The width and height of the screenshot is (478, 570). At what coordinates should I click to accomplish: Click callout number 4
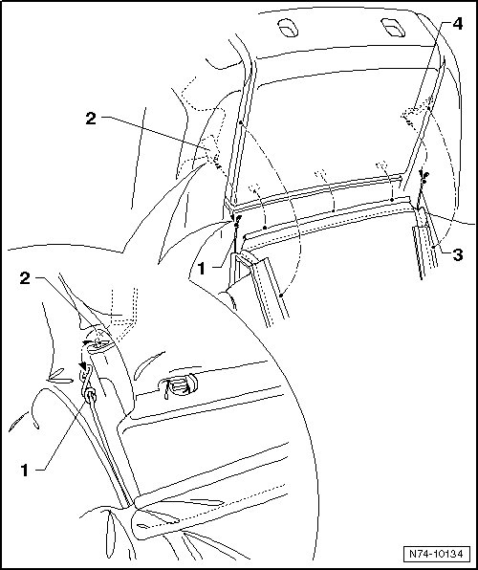(457, 24)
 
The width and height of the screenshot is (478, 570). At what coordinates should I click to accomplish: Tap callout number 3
(458, 254)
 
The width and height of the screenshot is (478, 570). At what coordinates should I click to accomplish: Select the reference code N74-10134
(436, 554)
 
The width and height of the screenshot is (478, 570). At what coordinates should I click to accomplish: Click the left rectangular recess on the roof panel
(288, 28)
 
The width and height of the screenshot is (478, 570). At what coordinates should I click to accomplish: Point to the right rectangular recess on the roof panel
(393, 27)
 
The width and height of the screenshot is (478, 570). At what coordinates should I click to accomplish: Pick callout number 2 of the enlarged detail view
(25, 279)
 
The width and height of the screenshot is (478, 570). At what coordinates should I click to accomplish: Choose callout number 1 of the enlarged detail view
(25, 470)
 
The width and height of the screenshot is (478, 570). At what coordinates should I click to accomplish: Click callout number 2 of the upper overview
(91, 119)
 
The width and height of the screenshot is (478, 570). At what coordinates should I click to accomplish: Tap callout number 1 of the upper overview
(202, 269)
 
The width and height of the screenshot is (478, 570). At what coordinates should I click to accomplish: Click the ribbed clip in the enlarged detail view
(180, 385)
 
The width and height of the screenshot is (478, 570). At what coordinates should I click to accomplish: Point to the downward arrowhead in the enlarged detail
(84, 366)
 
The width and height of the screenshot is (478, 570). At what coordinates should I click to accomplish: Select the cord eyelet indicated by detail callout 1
(90, 395)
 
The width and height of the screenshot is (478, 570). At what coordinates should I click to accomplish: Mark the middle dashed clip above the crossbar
(321, 175)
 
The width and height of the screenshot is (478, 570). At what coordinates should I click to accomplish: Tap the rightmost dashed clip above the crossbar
(382, 165)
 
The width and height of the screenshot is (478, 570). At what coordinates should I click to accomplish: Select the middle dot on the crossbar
(334, 210)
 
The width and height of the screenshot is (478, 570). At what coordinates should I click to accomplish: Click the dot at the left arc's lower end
(282, 296)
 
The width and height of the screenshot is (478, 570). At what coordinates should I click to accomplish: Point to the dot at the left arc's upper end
(241, 122)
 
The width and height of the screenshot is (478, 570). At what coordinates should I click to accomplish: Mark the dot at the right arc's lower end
(434, 247)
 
